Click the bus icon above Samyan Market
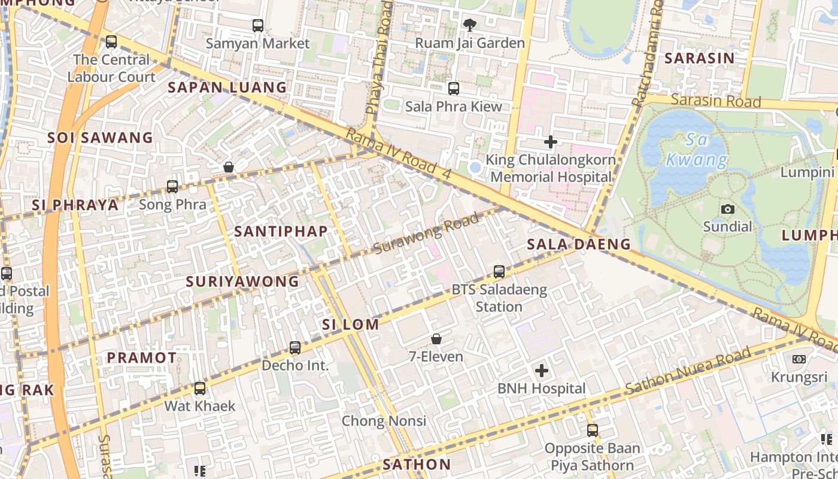258,26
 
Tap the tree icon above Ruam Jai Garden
470,25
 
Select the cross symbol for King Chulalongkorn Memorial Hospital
551,142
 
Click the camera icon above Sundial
727,209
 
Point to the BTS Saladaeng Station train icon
499,272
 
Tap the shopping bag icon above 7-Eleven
436,339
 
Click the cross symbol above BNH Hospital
542,371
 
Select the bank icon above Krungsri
798,359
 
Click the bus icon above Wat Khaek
200,388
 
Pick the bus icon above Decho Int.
295,347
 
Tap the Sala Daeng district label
579,244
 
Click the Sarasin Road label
715,101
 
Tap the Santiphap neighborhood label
281,231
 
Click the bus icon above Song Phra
172,186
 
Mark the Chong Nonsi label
384,421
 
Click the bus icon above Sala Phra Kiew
454,89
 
